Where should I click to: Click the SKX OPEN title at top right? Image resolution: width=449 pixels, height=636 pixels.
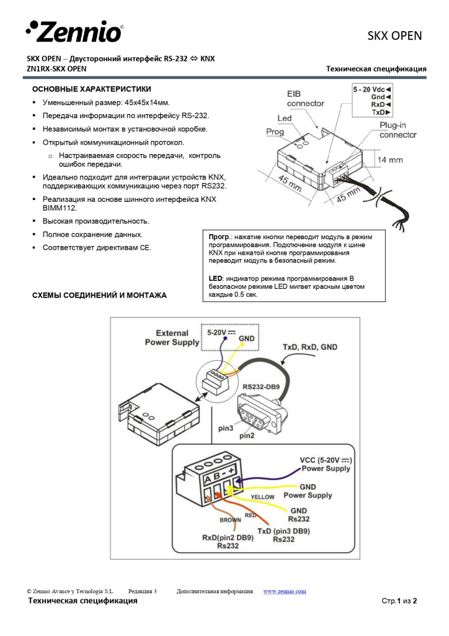pos(394,36)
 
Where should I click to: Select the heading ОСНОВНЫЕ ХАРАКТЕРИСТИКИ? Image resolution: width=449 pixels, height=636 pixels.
pos(91,89)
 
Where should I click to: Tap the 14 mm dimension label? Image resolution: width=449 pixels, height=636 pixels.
pos(390,160)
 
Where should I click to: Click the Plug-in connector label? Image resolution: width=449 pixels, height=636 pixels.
pos(398,130)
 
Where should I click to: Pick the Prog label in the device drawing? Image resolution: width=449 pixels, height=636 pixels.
pos(275,132)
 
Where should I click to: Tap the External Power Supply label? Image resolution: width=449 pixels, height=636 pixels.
pos(172,337)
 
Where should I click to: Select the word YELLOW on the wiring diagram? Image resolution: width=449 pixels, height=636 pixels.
pos(263,497)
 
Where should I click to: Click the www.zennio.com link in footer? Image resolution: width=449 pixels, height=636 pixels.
pos(285,591)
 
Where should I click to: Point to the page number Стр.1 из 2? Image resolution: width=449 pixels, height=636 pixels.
pos(399,601)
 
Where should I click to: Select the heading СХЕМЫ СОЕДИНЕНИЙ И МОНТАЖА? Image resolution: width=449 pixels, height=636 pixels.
pos(99,295)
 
